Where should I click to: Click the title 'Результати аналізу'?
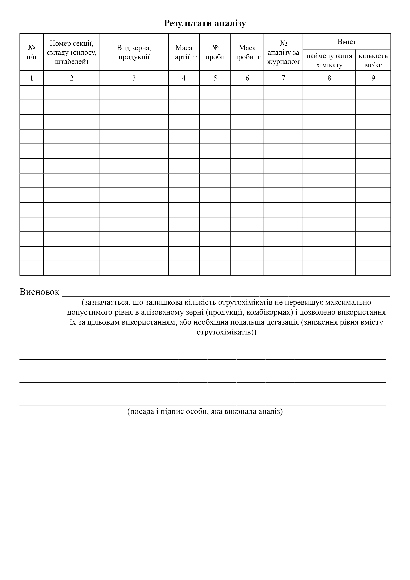pyautogui.click(x=205, y=23)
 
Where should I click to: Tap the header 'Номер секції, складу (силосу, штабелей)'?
pyautogui.click(x=71, y=52)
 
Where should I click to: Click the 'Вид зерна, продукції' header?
pyautogui.click(x=134, y=52)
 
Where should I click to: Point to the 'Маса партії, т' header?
pyautogui.click(x=184, y=52)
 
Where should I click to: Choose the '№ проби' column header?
pyautogui.click(x=215, y=52)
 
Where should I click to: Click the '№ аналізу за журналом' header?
pyautogui.click(x=283, y=52)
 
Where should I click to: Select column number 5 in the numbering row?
pyautogui.click(x=215, y=78)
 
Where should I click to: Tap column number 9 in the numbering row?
pyautogui.click(x=373, y=78)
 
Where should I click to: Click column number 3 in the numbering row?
pyautogui.click(x=134, y=78)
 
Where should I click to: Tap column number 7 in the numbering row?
pyautogui.click(x=283, y=78)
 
